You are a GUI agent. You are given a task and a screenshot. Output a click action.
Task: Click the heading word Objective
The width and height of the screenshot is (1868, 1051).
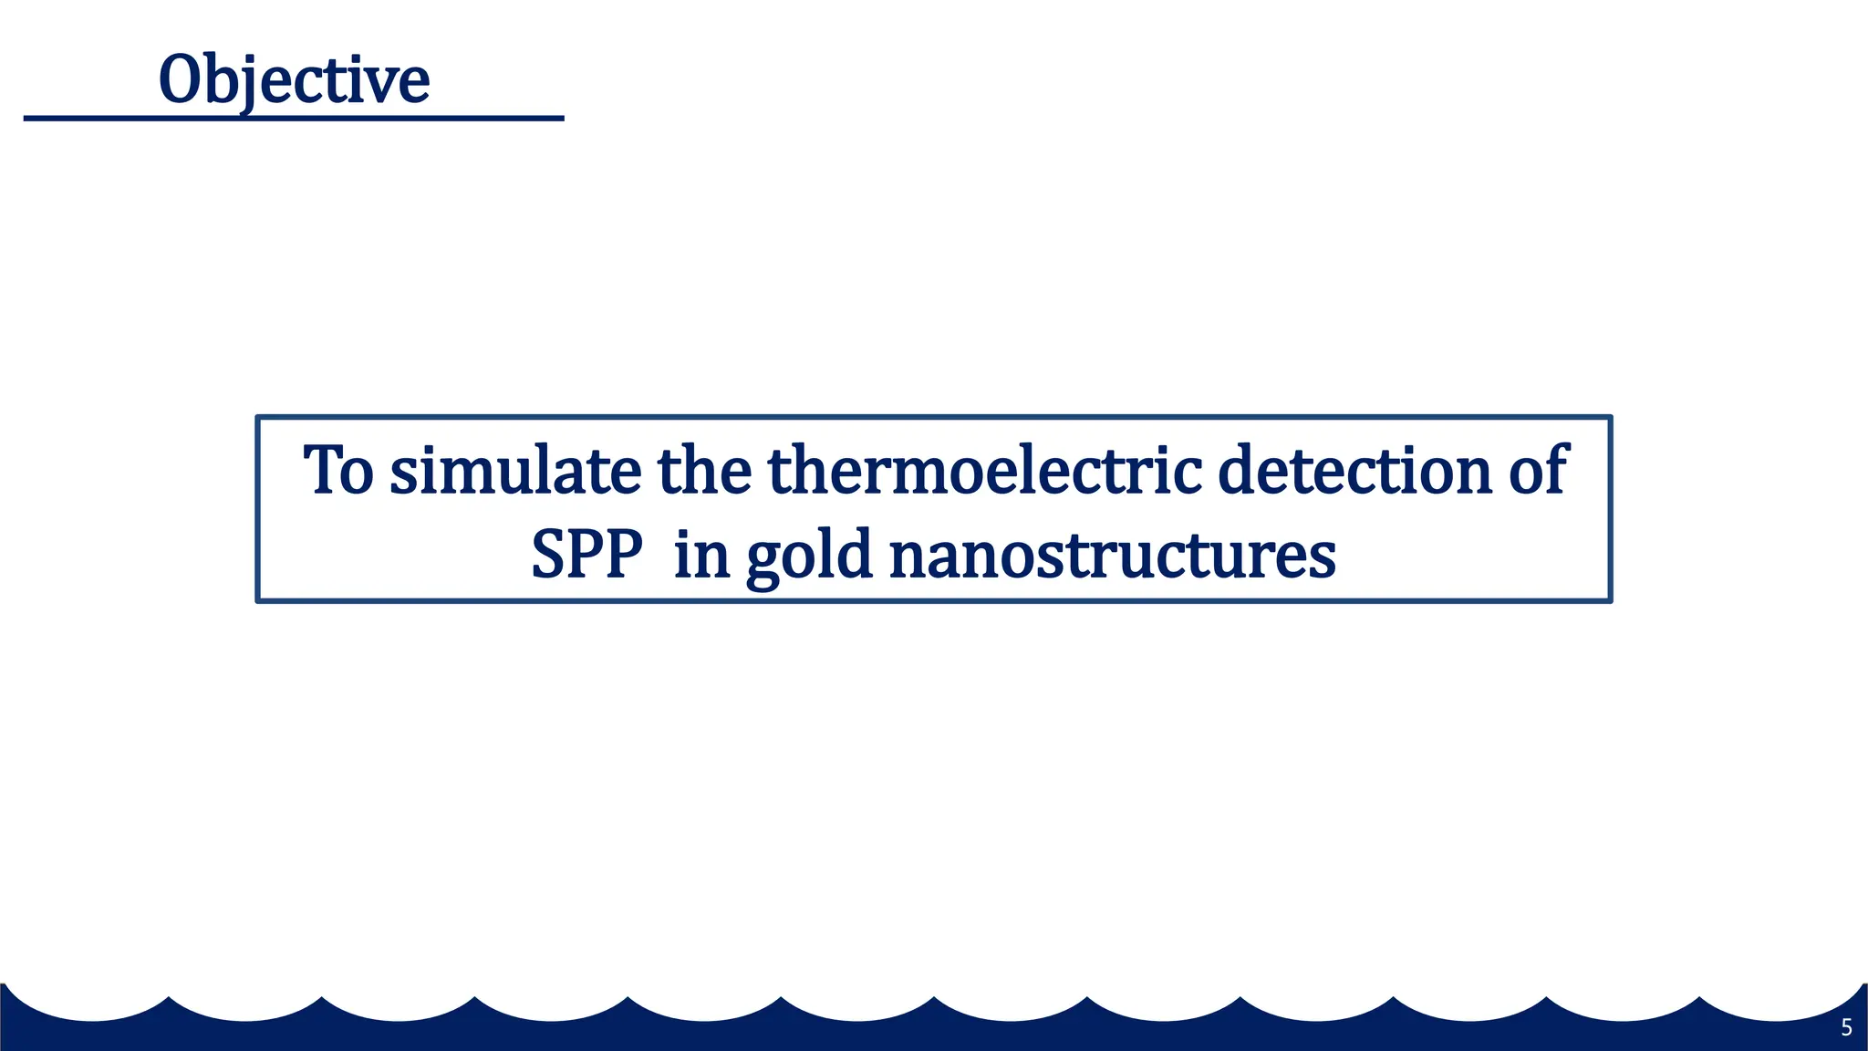coord(294,80)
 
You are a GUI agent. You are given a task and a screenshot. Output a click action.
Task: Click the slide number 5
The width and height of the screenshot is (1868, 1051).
coord(1846,1028)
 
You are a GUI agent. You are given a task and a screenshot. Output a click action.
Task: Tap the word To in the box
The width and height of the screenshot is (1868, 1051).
coord(338,471)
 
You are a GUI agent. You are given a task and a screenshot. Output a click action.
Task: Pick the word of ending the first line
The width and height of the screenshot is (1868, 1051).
coord(1538,471)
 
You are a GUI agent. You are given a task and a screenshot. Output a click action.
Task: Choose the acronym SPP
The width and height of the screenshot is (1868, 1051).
coord(586,555)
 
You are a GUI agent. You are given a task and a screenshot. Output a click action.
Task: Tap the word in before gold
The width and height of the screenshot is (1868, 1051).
coord(701,555)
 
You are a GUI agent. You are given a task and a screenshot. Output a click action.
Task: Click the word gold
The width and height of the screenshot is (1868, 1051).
coord(809,557)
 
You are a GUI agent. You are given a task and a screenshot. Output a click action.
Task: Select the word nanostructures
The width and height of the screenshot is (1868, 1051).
coord(1112,555)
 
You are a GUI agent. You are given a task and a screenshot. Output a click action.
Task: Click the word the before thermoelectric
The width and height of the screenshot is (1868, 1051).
coord(704,471)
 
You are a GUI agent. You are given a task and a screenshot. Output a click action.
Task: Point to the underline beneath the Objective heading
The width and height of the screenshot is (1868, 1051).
coord(294,118)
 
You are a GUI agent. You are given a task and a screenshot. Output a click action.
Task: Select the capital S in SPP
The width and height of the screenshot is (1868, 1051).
coord(550,555)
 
